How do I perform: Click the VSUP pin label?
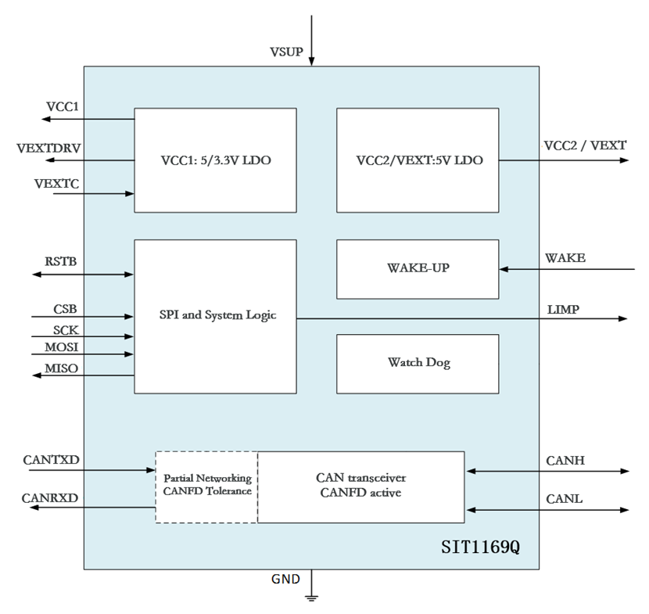[286, 52]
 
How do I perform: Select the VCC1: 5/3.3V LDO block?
[215, 160]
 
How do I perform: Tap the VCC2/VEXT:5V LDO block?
[418, 160]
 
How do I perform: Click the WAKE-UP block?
[418, 269]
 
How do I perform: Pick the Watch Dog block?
[418, 363]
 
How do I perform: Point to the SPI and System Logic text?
[215, 315]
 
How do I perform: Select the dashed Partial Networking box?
[206, 486]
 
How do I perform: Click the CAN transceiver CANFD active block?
[360, 486]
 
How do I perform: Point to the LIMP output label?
[563, 310]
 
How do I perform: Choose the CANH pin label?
[565, 461]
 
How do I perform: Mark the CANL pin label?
[565, 499]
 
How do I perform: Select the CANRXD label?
[51, 497]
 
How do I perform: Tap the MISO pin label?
[61, 368]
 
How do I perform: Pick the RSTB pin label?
[61, 262]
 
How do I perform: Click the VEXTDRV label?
[48, 148]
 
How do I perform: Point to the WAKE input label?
[565, 257]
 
